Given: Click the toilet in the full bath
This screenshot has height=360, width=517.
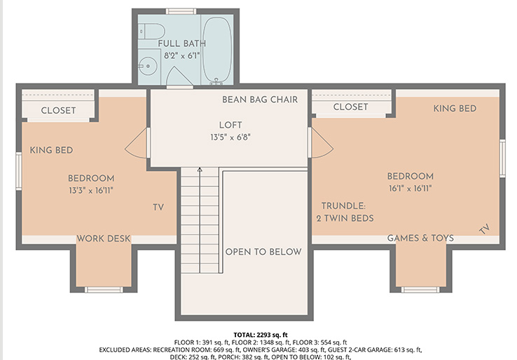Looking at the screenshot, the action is click(151, 32).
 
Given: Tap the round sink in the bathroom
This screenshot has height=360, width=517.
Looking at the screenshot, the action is click(147, 67).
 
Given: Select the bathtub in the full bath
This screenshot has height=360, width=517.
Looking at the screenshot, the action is click(216, 50).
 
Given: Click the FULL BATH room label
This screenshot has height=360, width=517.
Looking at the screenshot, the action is click(181, 43).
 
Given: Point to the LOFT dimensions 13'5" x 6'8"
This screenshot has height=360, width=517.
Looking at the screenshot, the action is click(230, 137).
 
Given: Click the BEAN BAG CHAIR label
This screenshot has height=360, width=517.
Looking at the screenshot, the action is click(260, 99).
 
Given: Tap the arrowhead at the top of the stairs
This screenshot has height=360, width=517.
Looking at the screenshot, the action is click(200, 169).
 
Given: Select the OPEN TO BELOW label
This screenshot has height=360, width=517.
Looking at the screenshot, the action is click(263, 252).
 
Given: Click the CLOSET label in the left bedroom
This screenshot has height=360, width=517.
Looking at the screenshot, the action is click(58, 111).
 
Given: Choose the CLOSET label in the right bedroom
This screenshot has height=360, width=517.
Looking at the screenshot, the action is click(350, 107).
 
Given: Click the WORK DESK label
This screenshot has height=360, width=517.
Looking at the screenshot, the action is click(104, 239).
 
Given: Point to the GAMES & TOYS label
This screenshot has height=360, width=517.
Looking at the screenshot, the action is click(420, 238).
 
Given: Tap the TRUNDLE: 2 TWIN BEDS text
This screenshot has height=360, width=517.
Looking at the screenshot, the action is click(345, 212).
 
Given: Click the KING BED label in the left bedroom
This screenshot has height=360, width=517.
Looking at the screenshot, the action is click(51, 151).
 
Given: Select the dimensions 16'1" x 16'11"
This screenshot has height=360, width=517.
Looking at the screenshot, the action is click(411, 188).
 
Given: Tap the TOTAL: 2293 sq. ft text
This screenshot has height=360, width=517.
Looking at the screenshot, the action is click(261, 335).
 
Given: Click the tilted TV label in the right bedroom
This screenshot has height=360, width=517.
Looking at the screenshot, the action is click(484, 229).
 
